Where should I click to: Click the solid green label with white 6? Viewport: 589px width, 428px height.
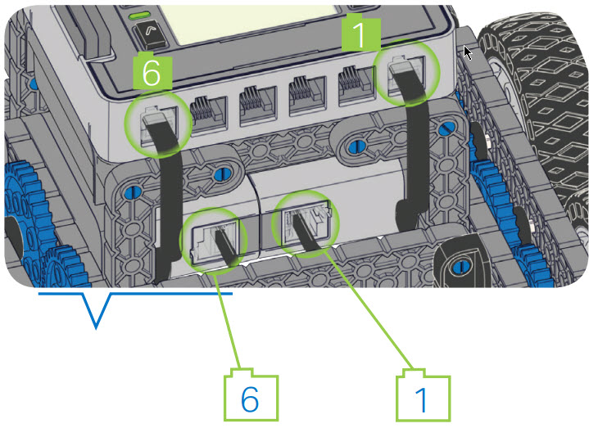[x=152, y=72]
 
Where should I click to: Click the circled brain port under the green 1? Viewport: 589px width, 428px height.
[x=407, y=74]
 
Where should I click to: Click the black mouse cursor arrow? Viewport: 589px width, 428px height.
[x=467, y=53]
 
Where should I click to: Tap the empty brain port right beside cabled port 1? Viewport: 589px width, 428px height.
[x=353, y=83]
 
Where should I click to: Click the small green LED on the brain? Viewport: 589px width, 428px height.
[x=140, y=15]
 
